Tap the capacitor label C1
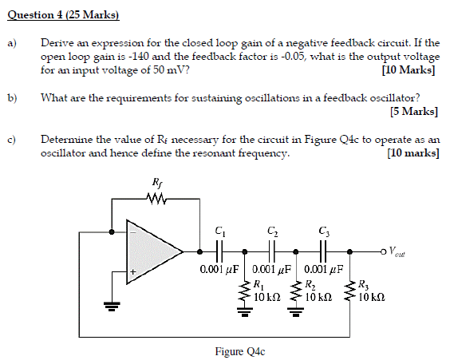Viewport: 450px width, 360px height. [220, 231]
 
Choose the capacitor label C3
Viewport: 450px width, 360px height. [324, 231]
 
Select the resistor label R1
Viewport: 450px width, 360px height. [257, 283]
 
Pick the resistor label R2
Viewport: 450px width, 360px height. [310, 283]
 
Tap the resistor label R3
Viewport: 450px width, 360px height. [363, 283]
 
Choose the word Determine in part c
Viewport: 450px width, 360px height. [66, 138]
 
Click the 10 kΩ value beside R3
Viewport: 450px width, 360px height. [373, 295]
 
